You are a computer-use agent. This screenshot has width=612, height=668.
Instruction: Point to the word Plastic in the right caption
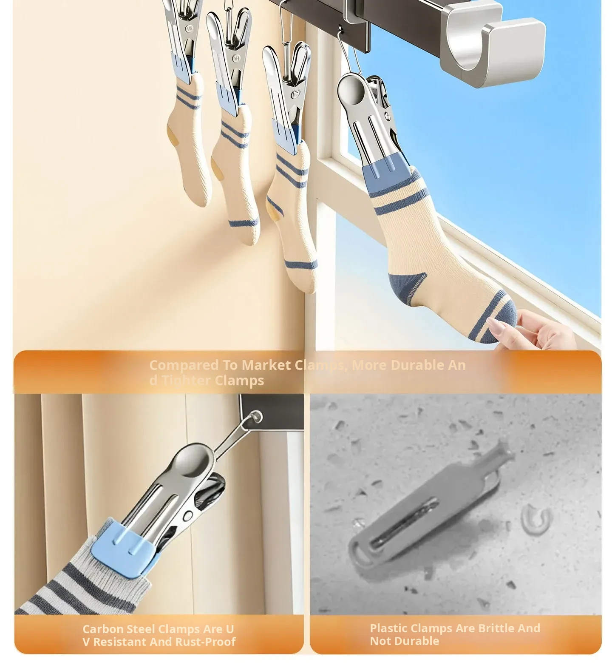pos(389,628)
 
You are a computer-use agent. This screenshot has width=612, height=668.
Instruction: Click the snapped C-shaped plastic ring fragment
pos(536,519)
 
